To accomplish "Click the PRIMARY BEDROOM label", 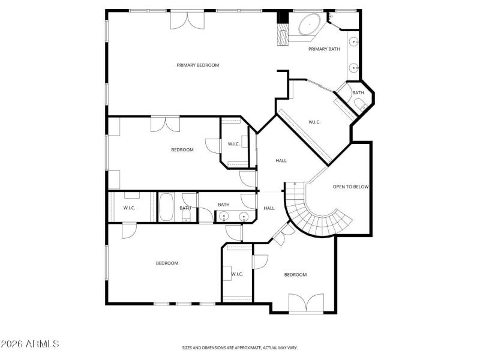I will [197, 65].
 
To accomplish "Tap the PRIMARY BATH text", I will [324, 49].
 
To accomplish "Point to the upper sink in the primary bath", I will [355, 43].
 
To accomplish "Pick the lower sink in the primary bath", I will [355, 67].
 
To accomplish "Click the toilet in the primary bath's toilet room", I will [359, 106].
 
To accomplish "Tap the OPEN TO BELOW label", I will [350, 187].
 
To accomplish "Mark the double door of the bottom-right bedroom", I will [306, 303].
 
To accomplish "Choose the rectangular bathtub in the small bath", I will [166, 208].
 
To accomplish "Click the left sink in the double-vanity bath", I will [224, 217].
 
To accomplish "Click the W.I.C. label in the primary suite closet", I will [314, 122].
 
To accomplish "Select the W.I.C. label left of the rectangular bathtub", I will [129, 208].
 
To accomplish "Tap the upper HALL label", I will [281, 160].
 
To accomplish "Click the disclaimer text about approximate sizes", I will [240, 347].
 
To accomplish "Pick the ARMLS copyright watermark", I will [30, 344].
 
